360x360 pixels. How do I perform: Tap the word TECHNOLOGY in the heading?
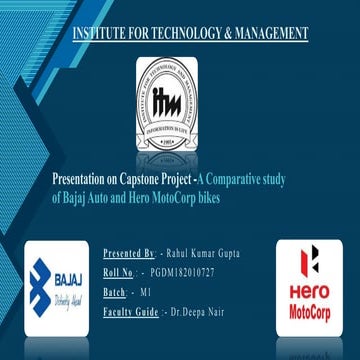(x=186, y=35)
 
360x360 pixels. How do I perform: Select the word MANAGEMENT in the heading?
(x=270, y=35)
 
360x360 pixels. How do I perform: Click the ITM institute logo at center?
(x=166, y=98)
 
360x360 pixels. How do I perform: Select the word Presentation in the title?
(x=78, y=180)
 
